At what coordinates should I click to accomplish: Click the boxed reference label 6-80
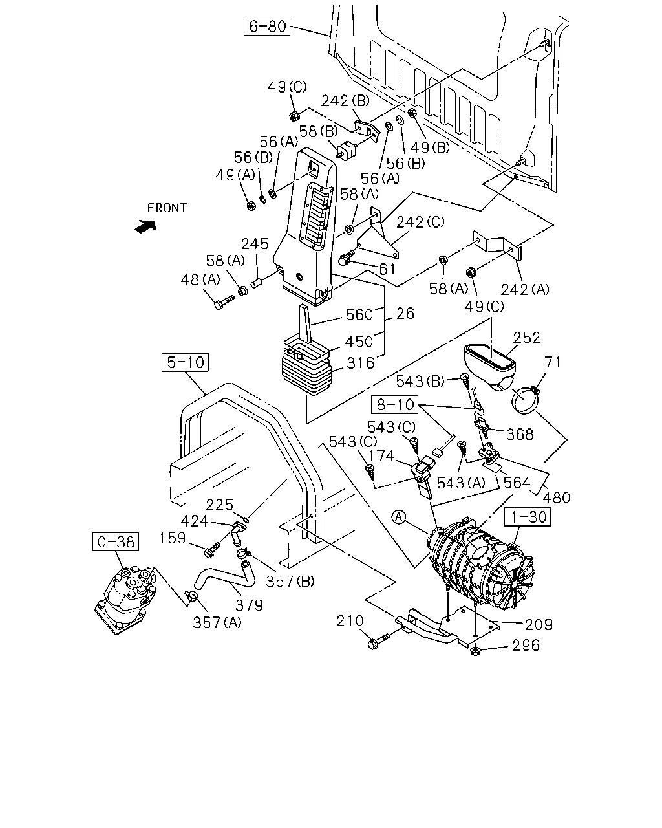click(x=266, y=26)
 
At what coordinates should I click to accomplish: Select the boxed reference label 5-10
click(x=185, y=362)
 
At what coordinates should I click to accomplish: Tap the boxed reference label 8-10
click(x=394, y=404)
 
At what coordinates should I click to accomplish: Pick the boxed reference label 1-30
click(x=528, y=517)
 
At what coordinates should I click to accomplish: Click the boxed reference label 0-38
click(x=116, y=541)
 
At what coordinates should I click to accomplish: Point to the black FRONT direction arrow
click(x=146, y=226)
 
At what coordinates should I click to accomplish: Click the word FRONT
click(x=167, y=208)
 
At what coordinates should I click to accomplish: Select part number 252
click(x=527, y=338)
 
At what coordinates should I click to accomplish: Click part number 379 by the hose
click(x=250, y=605)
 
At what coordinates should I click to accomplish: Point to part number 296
click(x=526, y=645)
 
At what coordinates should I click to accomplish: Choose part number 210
click(x=350, y=620)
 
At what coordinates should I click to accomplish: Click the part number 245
click(x=255, y=244)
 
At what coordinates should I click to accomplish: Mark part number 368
click(x=520, y=435)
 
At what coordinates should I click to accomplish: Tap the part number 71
click(x=553, y=362)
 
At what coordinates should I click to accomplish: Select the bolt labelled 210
click(x=378, y=642)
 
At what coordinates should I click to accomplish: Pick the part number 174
click(x=381, y=456)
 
